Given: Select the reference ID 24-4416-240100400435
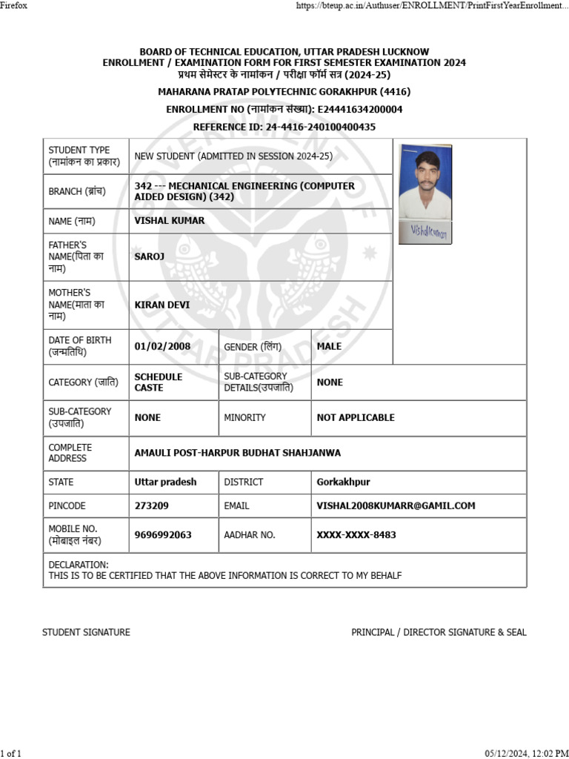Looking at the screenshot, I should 321,127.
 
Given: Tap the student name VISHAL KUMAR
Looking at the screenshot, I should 170,221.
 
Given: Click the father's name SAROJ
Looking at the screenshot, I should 150,256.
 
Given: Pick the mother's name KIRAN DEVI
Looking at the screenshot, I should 162,305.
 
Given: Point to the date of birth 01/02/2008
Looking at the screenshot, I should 162,346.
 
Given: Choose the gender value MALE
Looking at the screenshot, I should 329,346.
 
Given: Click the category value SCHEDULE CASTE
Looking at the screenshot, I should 159,382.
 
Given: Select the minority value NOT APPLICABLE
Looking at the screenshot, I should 356,417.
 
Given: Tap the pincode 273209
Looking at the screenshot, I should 152,506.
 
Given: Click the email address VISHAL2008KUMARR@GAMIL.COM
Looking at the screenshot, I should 396,506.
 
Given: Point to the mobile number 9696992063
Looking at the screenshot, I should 163,534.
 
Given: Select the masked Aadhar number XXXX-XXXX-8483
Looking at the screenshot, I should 356,534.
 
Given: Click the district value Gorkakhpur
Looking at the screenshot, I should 343,482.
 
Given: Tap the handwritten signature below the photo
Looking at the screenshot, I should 425,231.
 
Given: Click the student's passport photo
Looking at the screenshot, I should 425,181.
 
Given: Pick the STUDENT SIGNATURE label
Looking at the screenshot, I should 86,632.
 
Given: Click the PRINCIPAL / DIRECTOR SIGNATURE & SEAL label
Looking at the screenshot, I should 439,632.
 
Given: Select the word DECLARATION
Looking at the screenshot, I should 79,565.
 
